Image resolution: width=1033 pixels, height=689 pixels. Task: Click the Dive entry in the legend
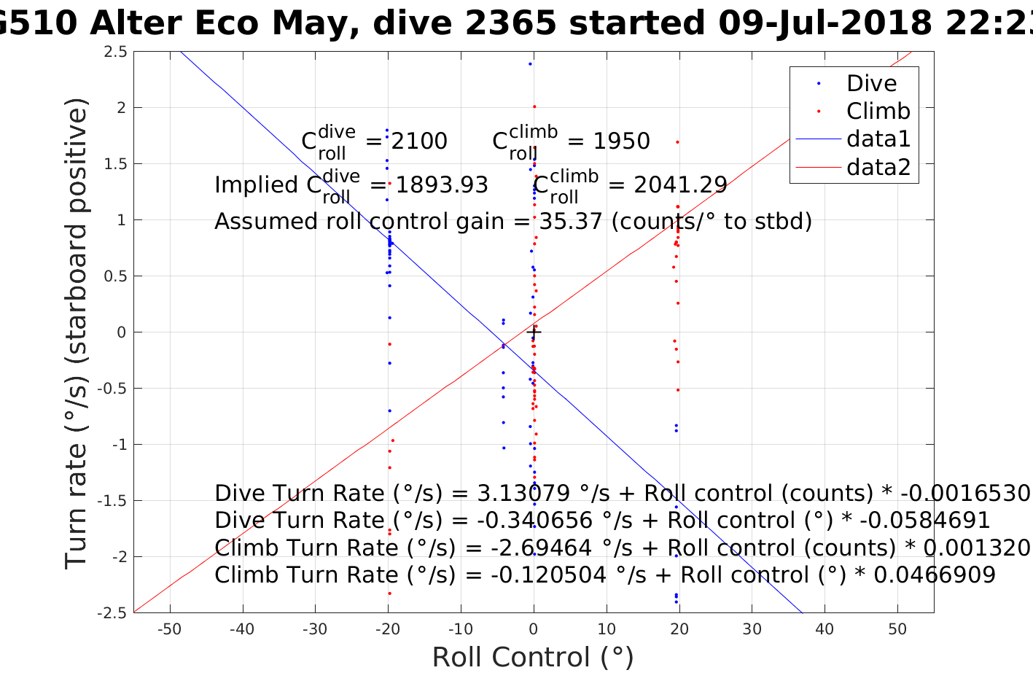(x=871, y=84)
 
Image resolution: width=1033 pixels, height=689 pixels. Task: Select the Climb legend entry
(x=878, y=112)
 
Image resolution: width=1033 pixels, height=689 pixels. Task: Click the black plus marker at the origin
(x=534, y=332)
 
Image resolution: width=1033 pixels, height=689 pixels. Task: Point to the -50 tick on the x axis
(x=169, y=629)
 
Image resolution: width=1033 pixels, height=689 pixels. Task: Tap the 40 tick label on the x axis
(x=825, y=629)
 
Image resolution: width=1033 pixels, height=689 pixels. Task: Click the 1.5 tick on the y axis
(x=117, y=164)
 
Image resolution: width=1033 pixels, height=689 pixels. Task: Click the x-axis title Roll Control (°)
(x=533, y=658)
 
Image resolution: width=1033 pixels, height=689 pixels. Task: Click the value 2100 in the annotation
(x=419, y=141)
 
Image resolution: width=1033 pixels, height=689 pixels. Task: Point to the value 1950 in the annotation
(x=621, y=141)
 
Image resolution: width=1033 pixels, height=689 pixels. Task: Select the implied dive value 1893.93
(x=441, y=185)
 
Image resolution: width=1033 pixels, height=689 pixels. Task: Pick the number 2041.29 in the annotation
(x=680, y=185)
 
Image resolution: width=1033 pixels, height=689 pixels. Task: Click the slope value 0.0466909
(x=935, y=575)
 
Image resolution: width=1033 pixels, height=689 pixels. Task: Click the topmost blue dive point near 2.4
(x=530, y=64)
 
